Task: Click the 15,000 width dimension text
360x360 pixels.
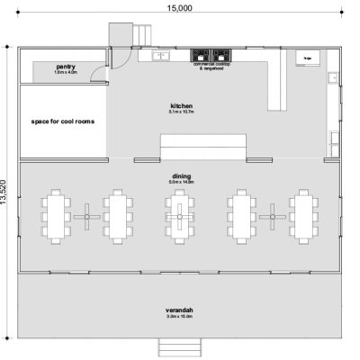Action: [178, 8]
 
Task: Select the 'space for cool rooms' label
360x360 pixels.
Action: [63, 121]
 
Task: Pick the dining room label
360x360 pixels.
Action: [181, 178]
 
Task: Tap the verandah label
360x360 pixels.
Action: [181, 311]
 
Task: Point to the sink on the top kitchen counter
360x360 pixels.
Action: [162, 56]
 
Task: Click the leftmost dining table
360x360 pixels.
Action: [56, 216]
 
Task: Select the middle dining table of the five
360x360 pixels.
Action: [180, 216]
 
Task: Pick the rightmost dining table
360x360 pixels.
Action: [303, 216]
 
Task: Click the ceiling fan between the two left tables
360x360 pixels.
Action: [87, 216]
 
